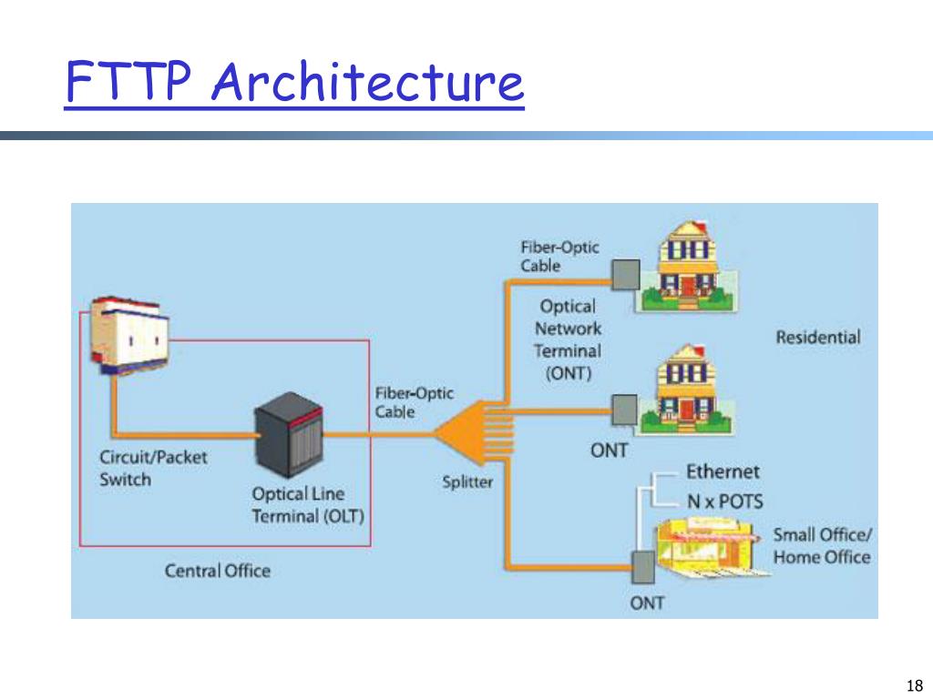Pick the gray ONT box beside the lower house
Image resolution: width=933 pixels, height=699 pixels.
pos(623,409)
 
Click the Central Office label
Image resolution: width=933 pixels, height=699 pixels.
pos(217,571)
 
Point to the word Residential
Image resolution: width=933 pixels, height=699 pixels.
pos(817,337)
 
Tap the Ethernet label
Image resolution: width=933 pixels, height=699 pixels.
pos(722,471)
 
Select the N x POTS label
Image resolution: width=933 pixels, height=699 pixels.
pos(724,501)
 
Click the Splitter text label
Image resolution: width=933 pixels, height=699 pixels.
pos(467,482)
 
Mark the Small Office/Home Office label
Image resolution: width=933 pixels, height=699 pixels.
pos(822,545)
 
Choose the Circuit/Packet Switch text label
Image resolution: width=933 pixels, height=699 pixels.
pos(153,468)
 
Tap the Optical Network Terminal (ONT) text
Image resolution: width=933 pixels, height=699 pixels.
pos(568,339)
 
